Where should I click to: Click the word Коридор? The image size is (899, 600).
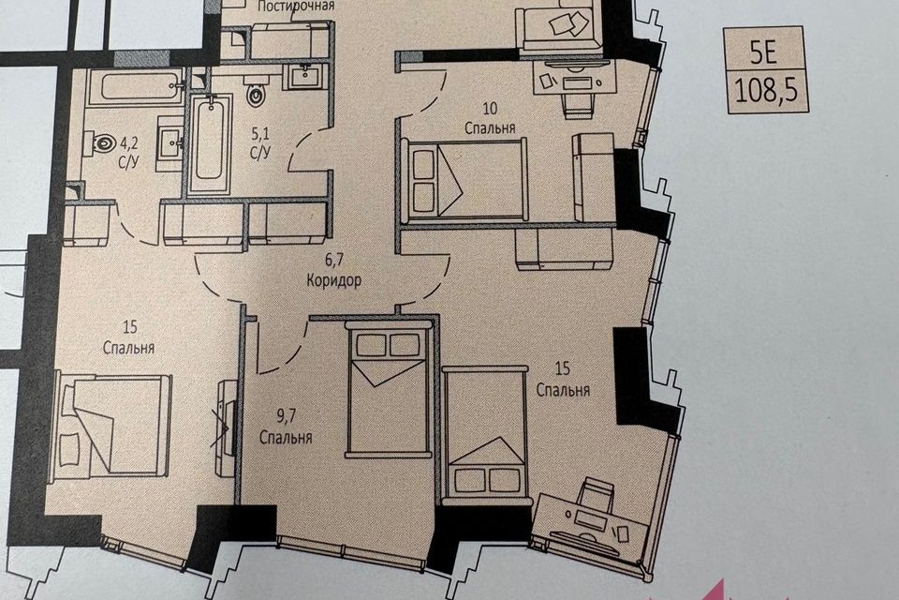(333, 280)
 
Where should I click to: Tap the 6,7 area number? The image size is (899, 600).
(334, 260)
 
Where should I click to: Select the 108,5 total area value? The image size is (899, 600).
(766, 91)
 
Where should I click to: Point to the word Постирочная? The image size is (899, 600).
(296, 7)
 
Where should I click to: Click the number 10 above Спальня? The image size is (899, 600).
(490, 108)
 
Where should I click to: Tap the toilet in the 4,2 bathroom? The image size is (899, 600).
(100, 142)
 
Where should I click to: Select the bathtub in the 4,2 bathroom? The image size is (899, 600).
(135, 86)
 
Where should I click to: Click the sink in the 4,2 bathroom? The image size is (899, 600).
(170, 141)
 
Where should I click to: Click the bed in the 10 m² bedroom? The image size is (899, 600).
(465, 179)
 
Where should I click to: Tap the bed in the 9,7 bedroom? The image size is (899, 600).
(388, 389)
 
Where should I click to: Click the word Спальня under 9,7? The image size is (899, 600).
(286, 438)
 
